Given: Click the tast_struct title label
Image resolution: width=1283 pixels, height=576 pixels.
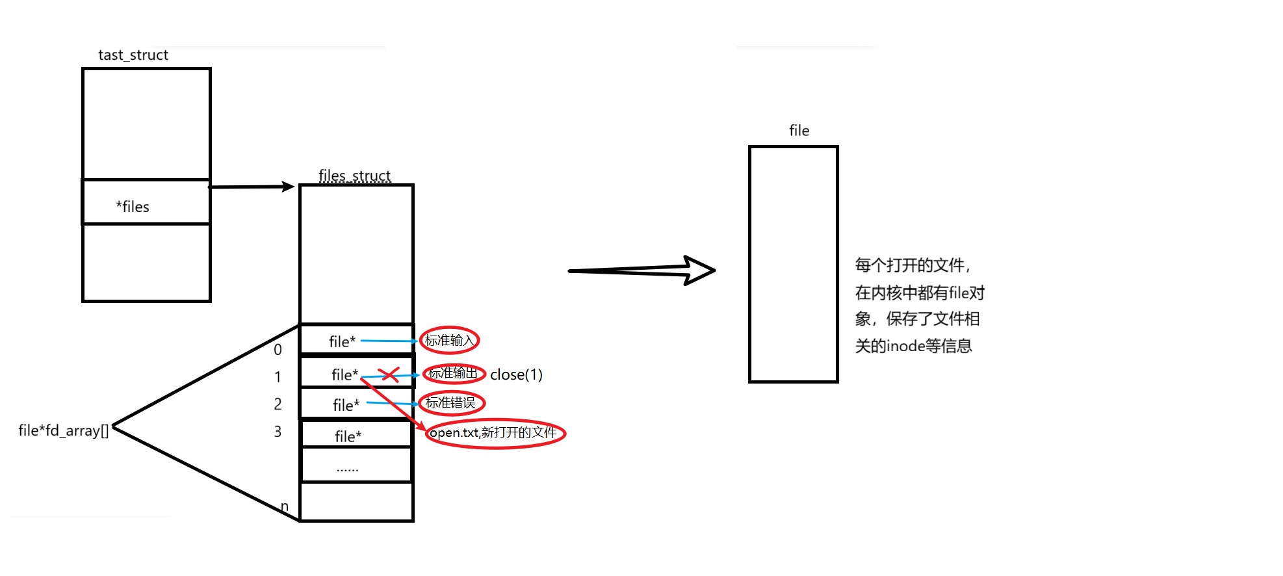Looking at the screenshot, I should tap(133, 55).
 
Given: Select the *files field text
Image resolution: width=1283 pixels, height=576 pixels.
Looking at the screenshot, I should tap(133, 207).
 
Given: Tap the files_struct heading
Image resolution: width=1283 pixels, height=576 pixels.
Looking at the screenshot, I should tap(354, 176).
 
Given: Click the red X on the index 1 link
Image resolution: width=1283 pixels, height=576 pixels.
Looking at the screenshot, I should tap(389, 374).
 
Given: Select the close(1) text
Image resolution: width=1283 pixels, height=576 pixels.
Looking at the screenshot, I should tap(516, 374).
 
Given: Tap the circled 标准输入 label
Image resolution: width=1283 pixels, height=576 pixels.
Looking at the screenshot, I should tap(449, 340).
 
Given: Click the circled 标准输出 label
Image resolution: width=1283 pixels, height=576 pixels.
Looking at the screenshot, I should tap(453, 373).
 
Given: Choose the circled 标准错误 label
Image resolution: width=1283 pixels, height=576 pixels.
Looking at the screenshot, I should tap(450, 403).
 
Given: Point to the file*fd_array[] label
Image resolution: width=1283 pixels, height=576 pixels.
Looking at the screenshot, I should tap(64, 430).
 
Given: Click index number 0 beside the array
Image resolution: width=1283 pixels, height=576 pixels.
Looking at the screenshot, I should tap(278, 350).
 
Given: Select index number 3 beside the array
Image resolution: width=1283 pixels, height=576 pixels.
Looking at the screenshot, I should tap(278, 432).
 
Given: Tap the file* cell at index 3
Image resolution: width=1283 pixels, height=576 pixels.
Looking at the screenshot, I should tap(348, 436).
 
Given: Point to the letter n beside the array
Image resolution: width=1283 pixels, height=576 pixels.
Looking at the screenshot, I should tap(285, 506).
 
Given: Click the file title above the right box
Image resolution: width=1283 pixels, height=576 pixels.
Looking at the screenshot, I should tap(799, 131).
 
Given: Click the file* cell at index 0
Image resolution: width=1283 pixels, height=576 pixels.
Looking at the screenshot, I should tap(343, 341).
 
